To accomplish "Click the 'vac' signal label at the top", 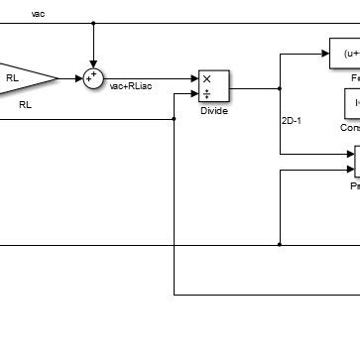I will pos(38,14).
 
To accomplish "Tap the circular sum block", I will pos(93,77).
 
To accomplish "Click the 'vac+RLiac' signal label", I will pos(130,87).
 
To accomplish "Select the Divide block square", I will pos(213,86).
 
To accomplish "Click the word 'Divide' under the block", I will pos(213,111).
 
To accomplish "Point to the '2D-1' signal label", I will pos(295,122).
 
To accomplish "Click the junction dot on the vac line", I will pos(93,23).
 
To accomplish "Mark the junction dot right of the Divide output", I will pos(281,87).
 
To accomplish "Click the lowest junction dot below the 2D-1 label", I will pos(281,243).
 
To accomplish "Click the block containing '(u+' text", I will pos(345,54).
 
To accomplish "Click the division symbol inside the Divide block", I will pos(206,94).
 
